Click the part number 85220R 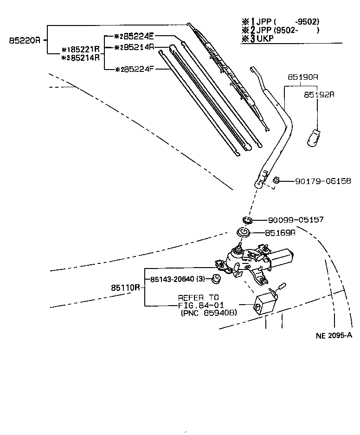point(25,40)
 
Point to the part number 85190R point(302,77)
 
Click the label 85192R point(319,94)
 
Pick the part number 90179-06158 point(323,181)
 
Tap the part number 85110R point(125,288)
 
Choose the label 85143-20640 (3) point(177,279)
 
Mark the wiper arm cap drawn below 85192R point(315,137)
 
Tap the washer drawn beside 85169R point(244,232)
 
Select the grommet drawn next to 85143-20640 point(215,279)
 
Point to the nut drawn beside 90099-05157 point(247,219)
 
